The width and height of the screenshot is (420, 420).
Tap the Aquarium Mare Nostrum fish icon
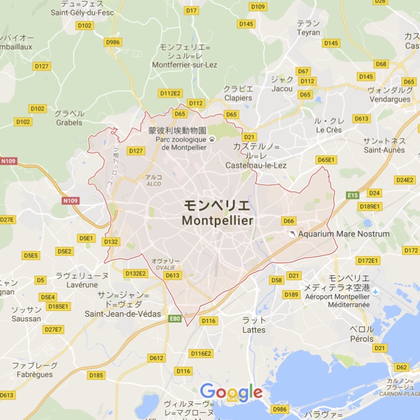point(292,234)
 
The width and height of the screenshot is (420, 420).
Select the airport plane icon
point(375,291)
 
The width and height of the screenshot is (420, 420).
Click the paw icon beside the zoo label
point(212,140)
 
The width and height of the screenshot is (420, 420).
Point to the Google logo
point(231,392)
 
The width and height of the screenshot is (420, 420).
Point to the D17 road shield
point(192,10)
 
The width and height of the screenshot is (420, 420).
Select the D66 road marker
point(288,221)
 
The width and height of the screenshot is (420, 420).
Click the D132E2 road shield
point(135,273)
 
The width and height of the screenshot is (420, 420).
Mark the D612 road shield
point(156,358)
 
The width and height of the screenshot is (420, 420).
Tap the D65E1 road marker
point(326,160)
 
